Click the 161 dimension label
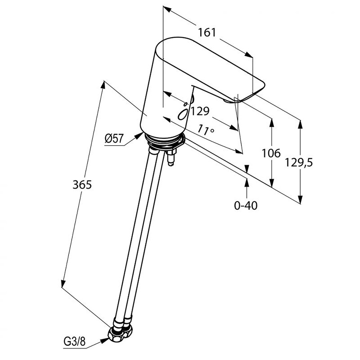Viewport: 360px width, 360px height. coord(207,32)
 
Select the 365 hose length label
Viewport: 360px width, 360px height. coord(82,184)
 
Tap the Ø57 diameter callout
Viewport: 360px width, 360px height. coord(114,138)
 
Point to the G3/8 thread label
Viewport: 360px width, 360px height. coord(74,342)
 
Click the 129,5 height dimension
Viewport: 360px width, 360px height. coord(299,163)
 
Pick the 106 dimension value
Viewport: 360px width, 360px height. coord(271,153)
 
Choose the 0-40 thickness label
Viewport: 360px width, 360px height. coord(246,206)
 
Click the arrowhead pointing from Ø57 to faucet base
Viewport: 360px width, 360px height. coord(138,136)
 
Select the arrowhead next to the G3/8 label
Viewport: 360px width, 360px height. coord(105,341)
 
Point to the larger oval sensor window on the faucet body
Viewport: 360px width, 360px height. coord(183,114)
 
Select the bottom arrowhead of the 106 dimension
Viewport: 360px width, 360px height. coord(271,182)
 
